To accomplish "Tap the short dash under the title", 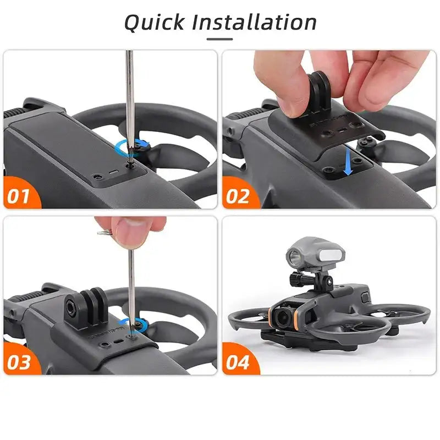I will click(x=219, y=39).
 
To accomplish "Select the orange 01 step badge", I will click(x=20, y=195).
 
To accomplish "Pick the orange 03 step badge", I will click(x=20, y=362).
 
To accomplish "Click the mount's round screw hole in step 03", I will click(x=72, y=302).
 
